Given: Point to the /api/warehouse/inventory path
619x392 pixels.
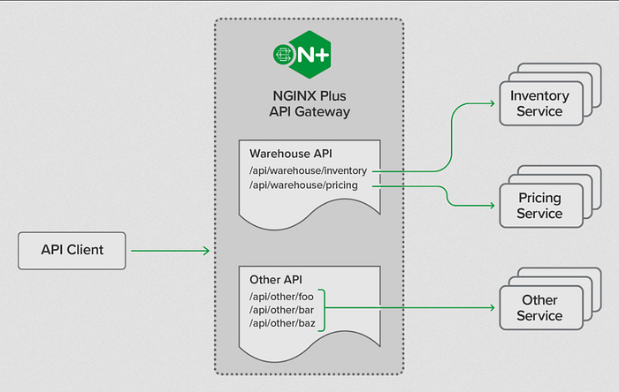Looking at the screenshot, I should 308,170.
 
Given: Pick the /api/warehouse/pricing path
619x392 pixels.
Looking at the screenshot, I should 303,185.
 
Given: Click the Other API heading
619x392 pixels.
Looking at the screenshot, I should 274,278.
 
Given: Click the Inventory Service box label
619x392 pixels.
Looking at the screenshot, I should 539,103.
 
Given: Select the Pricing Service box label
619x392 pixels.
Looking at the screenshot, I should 539,206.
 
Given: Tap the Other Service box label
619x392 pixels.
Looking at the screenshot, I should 539,307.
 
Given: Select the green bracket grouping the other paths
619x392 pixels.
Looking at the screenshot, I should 321,309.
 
